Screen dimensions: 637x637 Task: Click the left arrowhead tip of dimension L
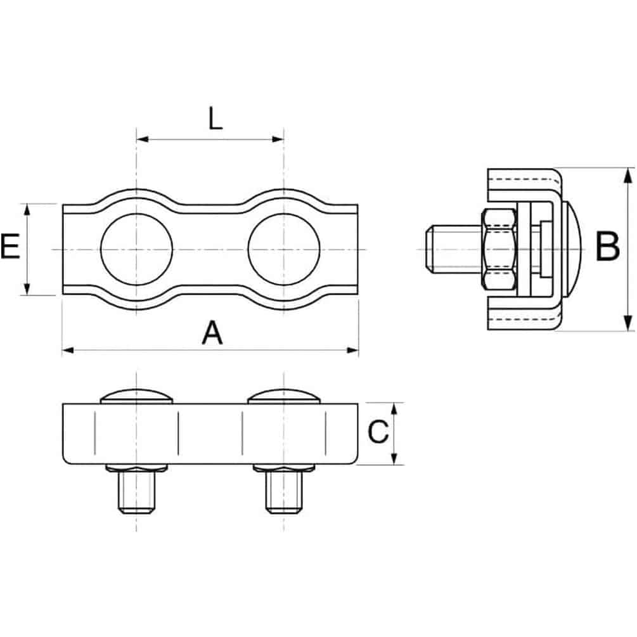point(137,139)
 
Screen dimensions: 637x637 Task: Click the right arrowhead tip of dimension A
point(359,350)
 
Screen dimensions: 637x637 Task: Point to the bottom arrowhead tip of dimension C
point(394,465)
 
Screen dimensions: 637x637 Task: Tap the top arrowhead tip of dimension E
point(27,204)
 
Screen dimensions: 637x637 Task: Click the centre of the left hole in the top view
point(136,250)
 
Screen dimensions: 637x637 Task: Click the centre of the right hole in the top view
point(284,250)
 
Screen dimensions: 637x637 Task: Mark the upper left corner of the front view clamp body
point(63,403)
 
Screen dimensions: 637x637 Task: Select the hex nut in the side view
point(499,250)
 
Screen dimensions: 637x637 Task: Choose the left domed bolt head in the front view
point(136,397)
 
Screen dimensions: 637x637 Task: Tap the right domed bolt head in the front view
point(284,397)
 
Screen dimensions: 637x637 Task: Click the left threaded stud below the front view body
point(136,492)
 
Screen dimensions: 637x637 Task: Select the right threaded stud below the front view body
point(284,492)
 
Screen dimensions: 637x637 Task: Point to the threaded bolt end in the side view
point(454,250)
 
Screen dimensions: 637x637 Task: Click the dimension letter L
point(216,119)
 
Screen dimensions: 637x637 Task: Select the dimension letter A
point(212,333)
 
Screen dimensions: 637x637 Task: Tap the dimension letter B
point(608,247)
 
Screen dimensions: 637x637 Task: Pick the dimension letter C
point(378,432)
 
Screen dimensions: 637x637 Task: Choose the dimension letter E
point(11,247)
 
